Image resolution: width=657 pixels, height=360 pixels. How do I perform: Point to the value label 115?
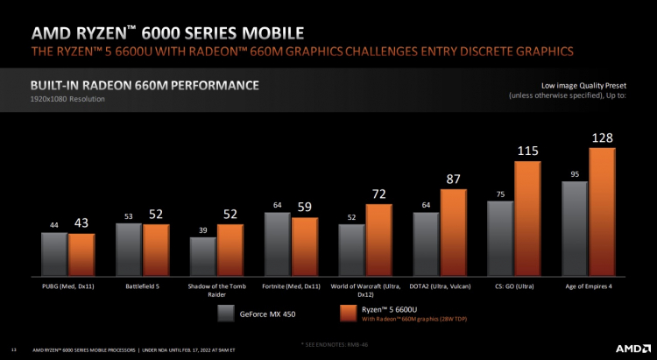point(526,152)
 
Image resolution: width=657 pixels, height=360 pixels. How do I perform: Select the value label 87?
point(453,179)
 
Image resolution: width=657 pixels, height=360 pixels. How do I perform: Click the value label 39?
point(202,229)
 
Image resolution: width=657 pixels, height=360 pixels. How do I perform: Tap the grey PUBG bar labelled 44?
point(54,252)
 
